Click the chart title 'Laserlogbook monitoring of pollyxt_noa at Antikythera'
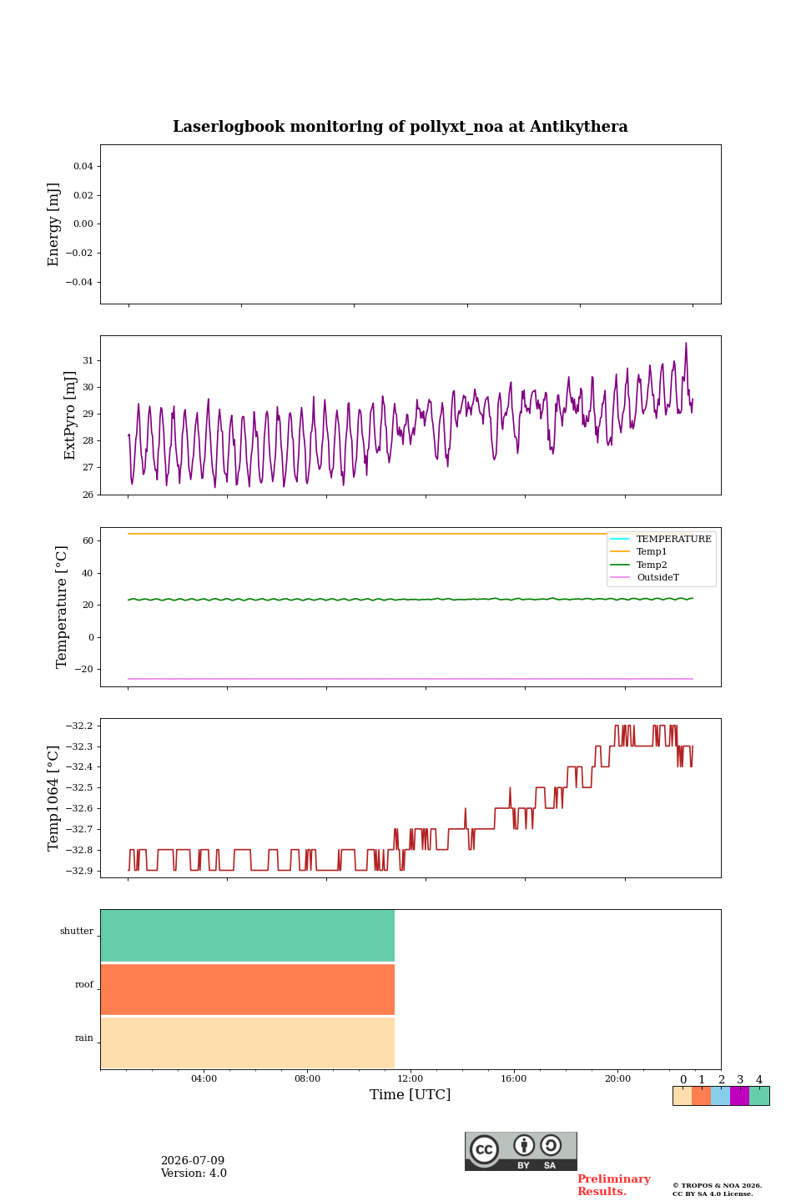point(400,127)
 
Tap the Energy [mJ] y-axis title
point(53,224)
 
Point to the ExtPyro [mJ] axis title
point(69,415)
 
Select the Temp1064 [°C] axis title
point(53,798)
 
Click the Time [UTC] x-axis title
point(410,1093)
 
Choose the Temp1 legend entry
point(651,552)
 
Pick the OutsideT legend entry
point(657,577)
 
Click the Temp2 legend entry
point(652,565)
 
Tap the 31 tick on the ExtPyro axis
point(88,360)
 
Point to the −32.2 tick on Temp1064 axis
point(79,726)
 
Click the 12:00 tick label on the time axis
point(410,1078)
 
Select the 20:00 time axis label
point(617,1078)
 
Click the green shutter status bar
point(247,936)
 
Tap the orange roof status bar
point(247,989)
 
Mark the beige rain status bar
point(247,1043)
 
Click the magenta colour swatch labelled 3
point(739,1096)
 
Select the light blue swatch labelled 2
point(720,1096)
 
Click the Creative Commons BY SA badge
point(521,1151)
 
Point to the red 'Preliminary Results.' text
point(614,1185)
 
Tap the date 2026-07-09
point(193,1160)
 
